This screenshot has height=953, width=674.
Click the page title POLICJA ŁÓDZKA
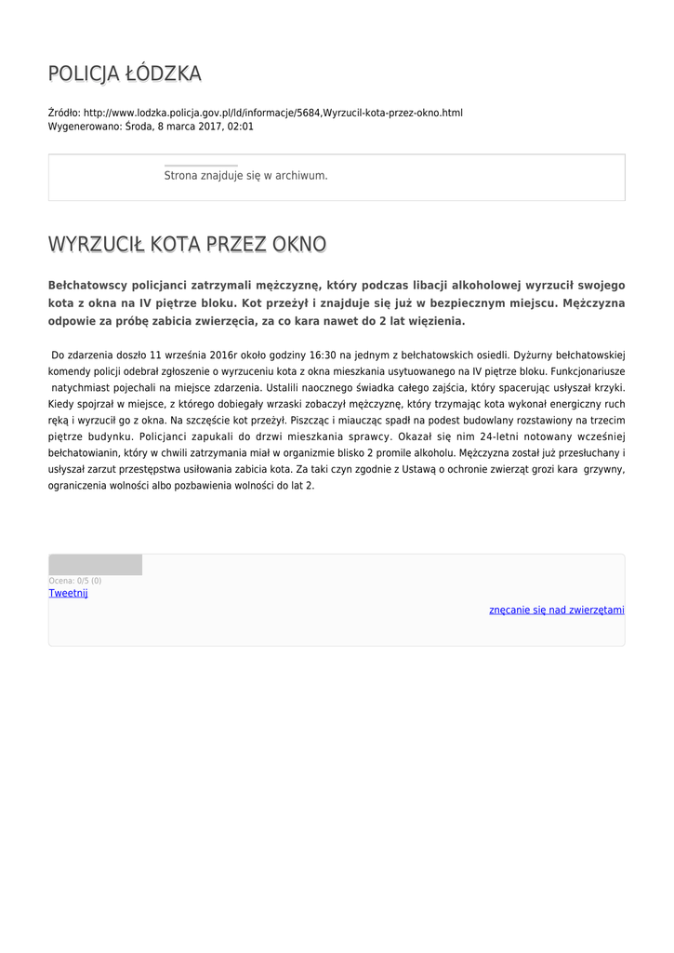click(x=125, y=74)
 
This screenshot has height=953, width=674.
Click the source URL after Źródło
click(x=273, y=113)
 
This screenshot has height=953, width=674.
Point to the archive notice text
click(x=245, y=175)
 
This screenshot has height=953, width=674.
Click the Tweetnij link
click(x=68, y=593)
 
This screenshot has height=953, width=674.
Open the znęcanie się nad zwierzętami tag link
click(x=557, y=610)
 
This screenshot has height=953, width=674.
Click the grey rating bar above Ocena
click(x=95, y=565)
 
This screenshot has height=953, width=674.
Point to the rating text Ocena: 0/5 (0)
click(x=75, y=581)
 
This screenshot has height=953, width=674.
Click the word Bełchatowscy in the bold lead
click(x=88, y=285)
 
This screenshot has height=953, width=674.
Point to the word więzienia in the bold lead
click(x=435, y=321)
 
